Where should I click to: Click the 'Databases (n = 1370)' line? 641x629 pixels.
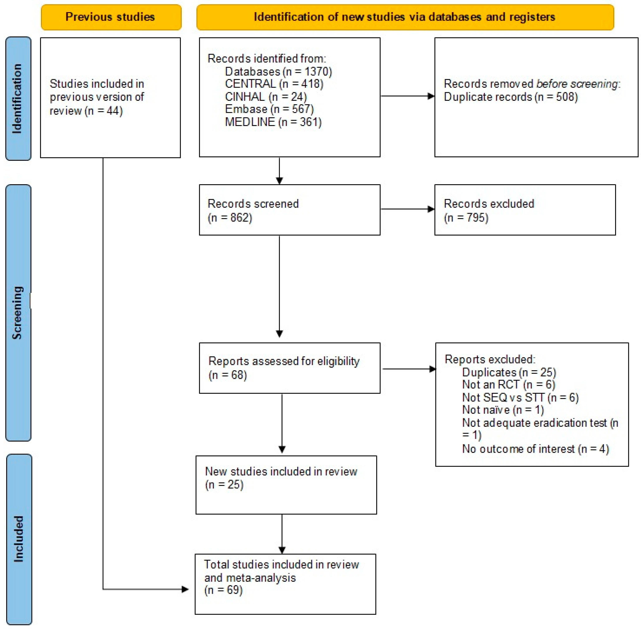(278, 71)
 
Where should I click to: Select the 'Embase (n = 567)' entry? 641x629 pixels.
(269, 109)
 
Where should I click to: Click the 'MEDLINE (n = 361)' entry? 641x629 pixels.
(273, 122)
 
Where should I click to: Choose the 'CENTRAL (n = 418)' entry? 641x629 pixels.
(274, 84)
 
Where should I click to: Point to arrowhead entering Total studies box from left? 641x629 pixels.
(185, 589)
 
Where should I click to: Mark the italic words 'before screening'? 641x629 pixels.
(576, 84)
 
